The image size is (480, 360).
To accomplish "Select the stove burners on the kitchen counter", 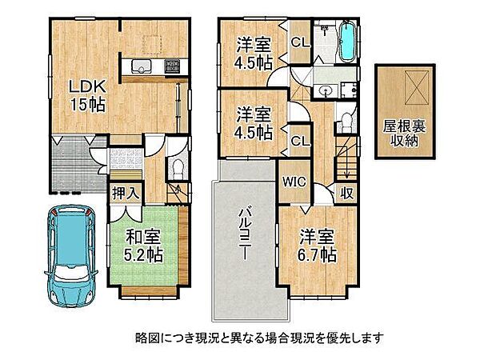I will pyautogui.click(x=172, y=66).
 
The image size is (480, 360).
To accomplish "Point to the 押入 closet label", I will pyautogui.click(x=122, y=193).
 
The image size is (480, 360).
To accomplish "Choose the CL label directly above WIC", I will pyautogui.click(x=300, y=141).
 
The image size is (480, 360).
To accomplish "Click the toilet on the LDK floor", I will pyautogui.click(x=177, y=169).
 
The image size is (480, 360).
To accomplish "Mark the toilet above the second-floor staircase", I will pyautogui.click(x=345, y=122).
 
